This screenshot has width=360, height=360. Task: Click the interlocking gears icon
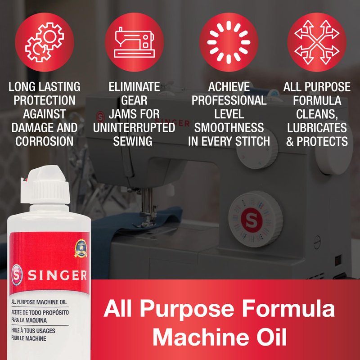click(44, 42)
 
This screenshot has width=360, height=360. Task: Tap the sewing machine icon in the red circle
click(134, 42)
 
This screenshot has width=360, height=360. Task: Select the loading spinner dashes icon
click(229, 42)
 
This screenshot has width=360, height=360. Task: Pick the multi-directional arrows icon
click(317, 42)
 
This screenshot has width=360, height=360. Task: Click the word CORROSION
click(44, 141)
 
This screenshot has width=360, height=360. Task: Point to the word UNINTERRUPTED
click(134, 128)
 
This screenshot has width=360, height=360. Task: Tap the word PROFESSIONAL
click(229, 100)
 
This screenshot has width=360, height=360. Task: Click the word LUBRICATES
click(317, 128)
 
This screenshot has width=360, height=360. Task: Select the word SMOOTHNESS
click(229, 128)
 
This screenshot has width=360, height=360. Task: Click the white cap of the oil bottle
click(45, 185)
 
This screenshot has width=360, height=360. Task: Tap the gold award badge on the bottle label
click(81, 248)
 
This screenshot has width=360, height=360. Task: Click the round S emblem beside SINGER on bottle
click(17, 275)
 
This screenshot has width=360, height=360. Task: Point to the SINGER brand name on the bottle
click(58, 275)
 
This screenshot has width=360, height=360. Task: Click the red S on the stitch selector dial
click(252, 220)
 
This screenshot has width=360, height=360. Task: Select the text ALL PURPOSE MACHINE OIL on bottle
click(39, 302)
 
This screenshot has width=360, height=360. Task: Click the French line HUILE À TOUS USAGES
click(33, 331)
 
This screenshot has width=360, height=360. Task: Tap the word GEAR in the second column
click(134, 100)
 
